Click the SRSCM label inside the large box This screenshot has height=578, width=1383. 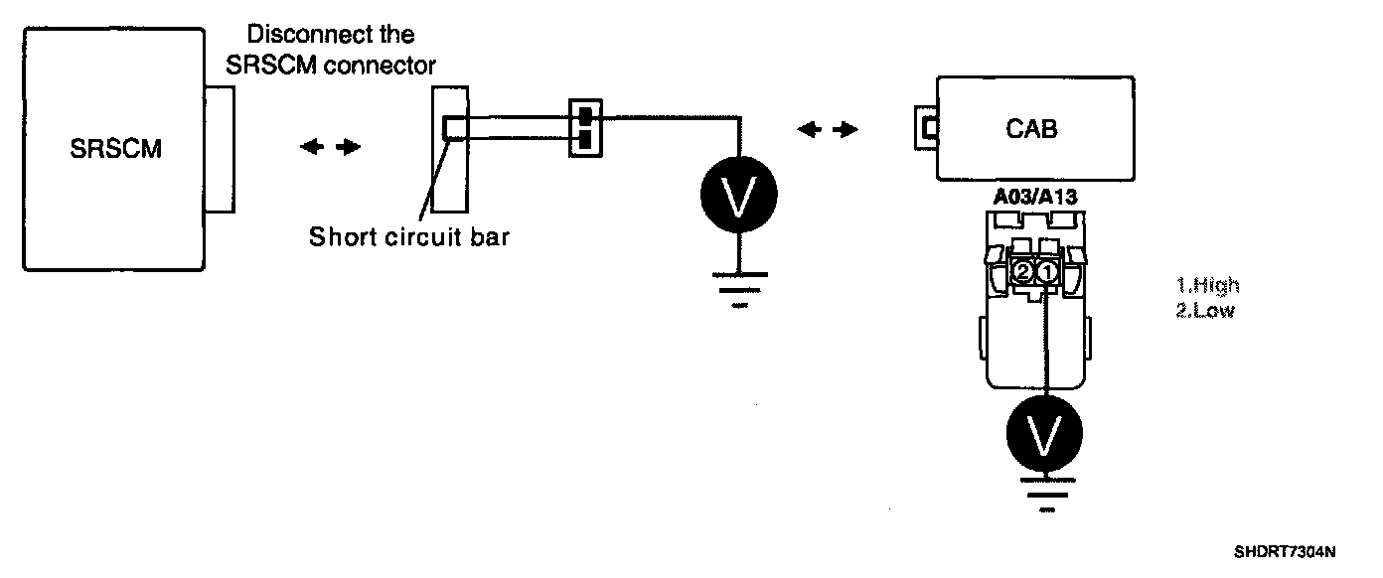coord(116,150)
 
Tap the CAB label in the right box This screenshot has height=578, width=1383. coord(1031,129)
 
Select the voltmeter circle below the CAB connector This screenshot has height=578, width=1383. coord(1044,432)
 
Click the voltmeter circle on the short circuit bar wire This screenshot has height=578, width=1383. coord(736,195)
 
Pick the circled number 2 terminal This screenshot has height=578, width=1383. coord(1022,271)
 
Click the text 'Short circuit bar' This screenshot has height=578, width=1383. coord(408,237)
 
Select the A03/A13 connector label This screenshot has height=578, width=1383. coord(1034,198)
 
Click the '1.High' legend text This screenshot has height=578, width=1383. coord(1207,286)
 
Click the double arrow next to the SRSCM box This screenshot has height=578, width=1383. coord(330,147)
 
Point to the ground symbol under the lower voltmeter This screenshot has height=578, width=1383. coord(1045,495)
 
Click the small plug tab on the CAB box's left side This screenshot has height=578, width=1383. coord(928,128)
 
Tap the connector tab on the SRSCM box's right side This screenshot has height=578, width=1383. coord(220,149)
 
